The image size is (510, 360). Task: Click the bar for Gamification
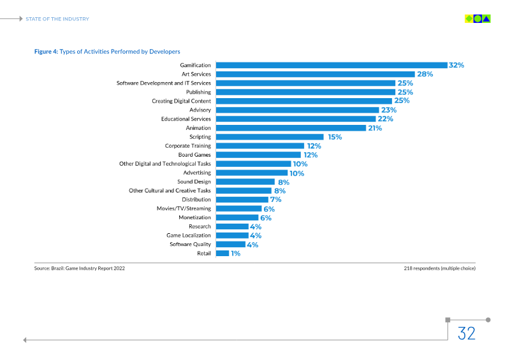click(330, 65)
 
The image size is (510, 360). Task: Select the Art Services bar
click(315, 74)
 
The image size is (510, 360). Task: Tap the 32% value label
click(456, 65)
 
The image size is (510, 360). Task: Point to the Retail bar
click(222, 253)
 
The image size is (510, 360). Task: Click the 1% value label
click(236, 253)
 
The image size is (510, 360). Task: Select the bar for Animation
click(291, 128)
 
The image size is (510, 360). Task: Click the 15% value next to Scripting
click(335, 137)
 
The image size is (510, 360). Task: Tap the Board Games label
click(194, 155)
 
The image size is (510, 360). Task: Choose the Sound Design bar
click(245, 182)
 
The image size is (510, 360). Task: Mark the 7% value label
click(275, 199)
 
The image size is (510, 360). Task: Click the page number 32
click(467, 333)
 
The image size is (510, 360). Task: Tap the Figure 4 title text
click(107, 52)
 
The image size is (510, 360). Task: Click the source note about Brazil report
click(79, 268)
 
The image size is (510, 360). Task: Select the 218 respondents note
click(439, 268)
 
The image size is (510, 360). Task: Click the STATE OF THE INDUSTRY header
click(57, 19)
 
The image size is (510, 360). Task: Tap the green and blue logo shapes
click(477, 19)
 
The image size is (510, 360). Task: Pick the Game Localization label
click(189, 235)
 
